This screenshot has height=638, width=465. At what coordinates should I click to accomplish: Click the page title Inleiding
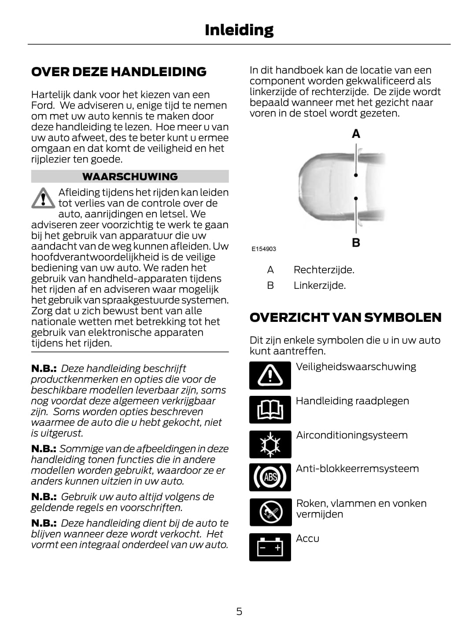(239, 30)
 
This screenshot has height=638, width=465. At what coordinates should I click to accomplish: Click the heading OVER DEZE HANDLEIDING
(119, 72)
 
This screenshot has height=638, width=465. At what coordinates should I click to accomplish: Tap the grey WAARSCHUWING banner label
(130, 177)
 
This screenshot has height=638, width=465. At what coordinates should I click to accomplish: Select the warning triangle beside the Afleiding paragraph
(43, 198)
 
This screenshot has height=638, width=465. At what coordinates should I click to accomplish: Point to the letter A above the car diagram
(356, 133)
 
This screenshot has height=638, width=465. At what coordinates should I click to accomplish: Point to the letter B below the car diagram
(356, 243)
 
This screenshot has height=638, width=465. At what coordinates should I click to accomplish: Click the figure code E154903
(264, 249)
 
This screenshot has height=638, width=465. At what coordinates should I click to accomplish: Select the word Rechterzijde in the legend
(324, 269)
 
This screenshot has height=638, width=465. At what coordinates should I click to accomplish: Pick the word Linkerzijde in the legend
(319, 285)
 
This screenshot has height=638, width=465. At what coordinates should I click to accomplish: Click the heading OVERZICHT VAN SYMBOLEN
(345, 317)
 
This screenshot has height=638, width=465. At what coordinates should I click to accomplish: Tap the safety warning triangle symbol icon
(270, 376)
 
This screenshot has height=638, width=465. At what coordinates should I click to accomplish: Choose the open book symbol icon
(270, 410)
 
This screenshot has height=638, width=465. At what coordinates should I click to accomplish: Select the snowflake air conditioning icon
(270, 444)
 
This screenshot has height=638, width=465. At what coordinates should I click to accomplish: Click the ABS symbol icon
(270, 477)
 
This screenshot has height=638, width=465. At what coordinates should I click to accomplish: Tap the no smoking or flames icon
(270, 512)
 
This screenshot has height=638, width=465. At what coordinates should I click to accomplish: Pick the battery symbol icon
(270, 547)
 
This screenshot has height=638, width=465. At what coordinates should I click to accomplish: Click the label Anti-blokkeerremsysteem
(357, 468)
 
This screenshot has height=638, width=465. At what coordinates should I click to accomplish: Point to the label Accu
(307, 538)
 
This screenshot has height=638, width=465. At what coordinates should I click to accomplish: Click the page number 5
(239, 611)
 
